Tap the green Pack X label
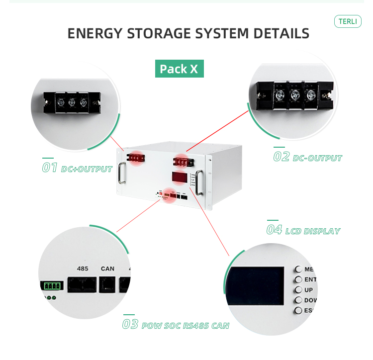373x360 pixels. [179, 69]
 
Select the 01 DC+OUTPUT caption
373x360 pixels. [77, 168]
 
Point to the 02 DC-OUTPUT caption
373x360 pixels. [308, 157]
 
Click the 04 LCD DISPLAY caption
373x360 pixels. [303, 230]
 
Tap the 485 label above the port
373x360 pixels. [83, 269]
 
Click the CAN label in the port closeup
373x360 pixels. [107, 269]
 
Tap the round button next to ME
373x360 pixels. [298, 269]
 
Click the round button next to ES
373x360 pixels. [298, 311]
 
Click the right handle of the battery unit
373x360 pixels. [199, 182]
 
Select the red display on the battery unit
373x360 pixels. [180, 178]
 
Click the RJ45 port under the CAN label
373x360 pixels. [107, 284]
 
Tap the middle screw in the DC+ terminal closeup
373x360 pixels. [70, 102]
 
